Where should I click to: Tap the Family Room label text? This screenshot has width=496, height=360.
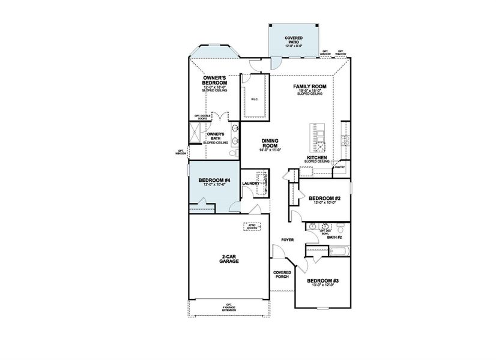(x=309, y=87)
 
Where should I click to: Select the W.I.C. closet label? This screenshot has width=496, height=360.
(x=254, y=100)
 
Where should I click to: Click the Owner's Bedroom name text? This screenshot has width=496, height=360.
(x=214, y=80)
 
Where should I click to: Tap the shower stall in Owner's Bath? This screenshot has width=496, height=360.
(x=197, y=137)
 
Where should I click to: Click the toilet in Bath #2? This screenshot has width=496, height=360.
(x=340, y=228)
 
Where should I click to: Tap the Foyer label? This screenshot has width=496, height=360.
(x=287, y=240)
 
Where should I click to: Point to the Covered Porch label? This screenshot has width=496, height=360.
(x=282, y=274)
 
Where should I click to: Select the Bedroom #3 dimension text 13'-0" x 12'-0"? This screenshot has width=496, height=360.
(x=324, y=285)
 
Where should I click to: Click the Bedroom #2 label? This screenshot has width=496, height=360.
(x=325, y=198)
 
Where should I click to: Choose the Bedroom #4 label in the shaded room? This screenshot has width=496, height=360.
(x=214, y=181)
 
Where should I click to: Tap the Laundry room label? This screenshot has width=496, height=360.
(x=251, y=184)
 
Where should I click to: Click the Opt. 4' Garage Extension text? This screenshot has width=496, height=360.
(x=228, y=307)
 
